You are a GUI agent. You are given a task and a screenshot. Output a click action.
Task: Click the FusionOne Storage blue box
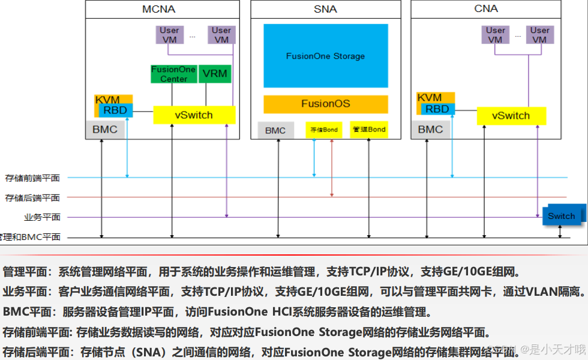[x=326, y=56]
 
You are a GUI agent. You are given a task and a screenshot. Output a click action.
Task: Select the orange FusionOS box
[x=326, y=104]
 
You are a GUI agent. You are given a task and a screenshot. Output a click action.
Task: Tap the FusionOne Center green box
[x=173, y=74]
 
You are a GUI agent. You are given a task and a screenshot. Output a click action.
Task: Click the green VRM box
[x=215, y=74]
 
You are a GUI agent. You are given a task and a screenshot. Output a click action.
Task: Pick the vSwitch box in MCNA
[x=194, y=115]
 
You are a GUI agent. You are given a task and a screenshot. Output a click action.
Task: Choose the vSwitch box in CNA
[x=511, y=116]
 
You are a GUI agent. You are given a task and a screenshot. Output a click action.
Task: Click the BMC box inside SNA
[x=275, y=130]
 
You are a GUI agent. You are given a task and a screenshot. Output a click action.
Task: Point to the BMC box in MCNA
[x=105, y=129]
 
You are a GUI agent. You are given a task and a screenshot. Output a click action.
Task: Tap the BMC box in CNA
[x=430, y=129]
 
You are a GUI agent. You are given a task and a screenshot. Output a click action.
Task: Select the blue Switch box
[x=562, y=216]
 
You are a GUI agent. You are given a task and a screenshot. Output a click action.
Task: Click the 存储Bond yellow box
[x=324, y=130]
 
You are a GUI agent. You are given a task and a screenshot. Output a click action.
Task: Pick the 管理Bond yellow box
[x=369, y=130]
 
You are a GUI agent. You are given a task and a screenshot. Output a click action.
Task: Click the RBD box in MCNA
[x=115, y=110]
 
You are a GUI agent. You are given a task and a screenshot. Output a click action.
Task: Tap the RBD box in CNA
[x=437, y=109]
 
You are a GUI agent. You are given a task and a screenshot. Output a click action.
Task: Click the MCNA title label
[x=158, y=9]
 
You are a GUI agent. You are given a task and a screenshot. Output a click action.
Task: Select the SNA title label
[x=325, y=9]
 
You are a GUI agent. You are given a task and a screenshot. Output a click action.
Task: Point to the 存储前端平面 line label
[x=32, y=178]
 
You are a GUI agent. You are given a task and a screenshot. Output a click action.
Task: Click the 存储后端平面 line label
[x=32, y=198]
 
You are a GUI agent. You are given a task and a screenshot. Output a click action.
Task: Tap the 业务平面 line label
[x=42, y=217]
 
